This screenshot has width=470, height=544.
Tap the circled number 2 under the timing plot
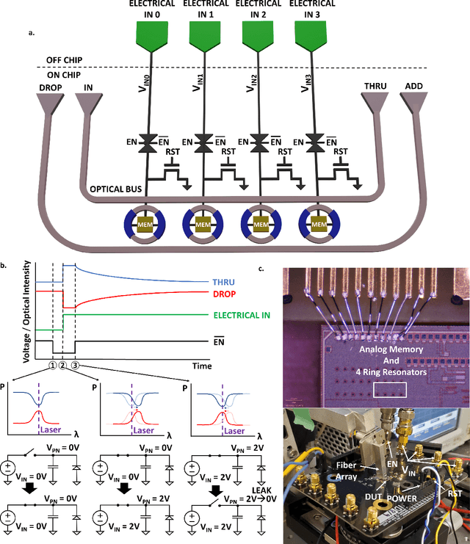[62, 367]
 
